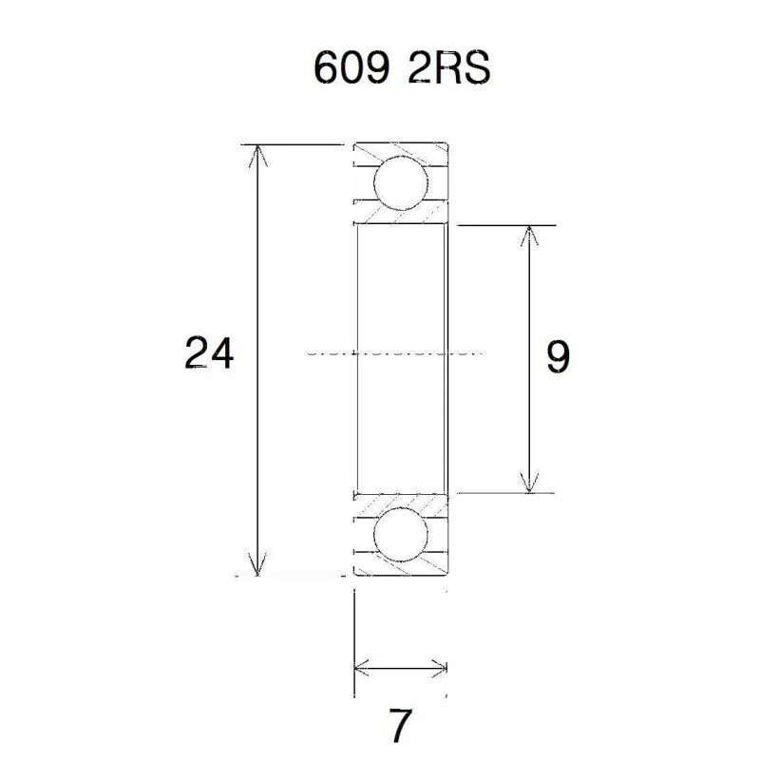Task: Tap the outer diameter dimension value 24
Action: (x=209, y=353)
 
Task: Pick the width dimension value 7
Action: (x=400, y=727)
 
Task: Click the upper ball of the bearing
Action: (x=399, y=183)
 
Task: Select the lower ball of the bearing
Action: (x=399, y=536)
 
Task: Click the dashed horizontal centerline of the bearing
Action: (x=399, y=353)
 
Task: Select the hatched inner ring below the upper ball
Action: (x=399, y=217)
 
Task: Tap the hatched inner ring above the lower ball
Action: (x=399, y=501)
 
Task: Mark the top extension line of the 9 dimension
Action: (x=503, y=225)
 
